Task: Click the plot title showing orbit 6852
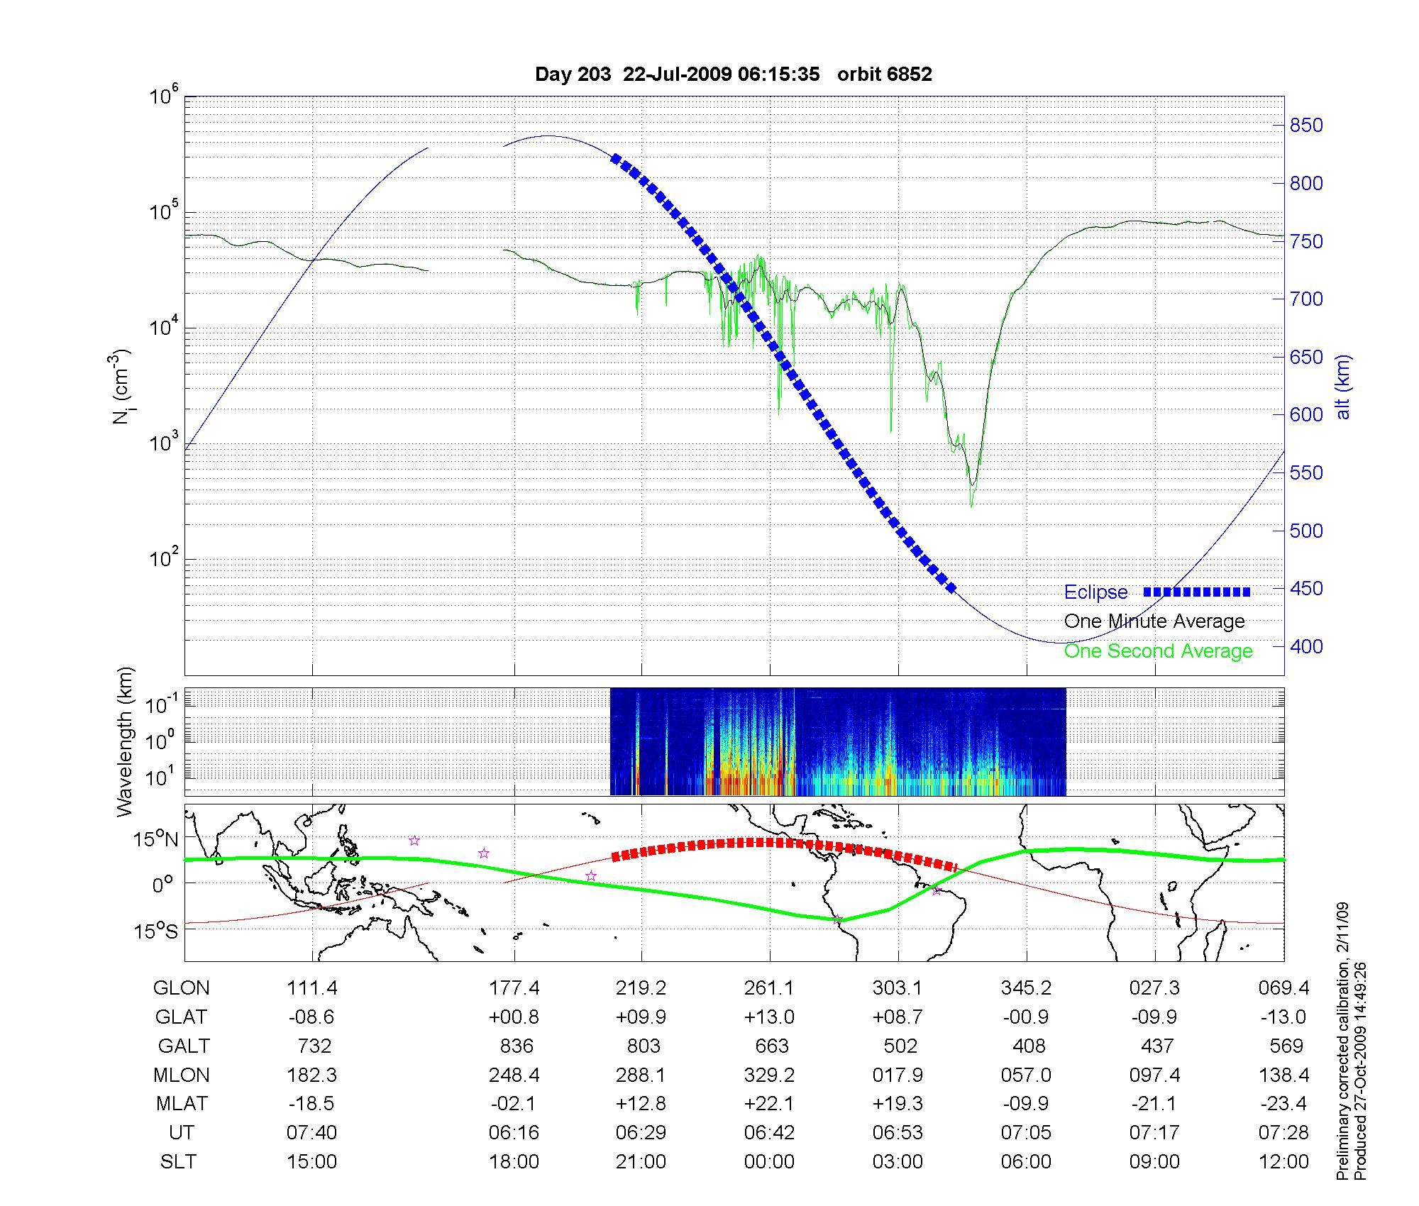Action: pyautogui.click(x=733, y=74)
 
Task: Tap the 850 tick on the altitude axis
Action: pyautogui.click(x=1305, y=126)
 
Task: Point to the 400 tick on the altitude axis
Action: pyautogui.click(x=1305, y=646)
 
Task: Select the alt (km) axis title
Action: pyautogui.click(x=1343, y=387)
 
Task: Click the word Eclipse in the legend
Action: pyautogui.click(x=1095, y=592)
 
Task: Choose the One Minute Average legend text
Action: pyautogui.click(x=1154, y=621)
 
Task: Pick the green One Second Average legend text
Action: pyautogui.click(x=1158, y=651)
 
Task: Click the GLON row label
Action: pyautogui.click(x=182, y=988)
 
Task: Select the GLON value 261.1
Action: pyautogui.click(x=769, y=988)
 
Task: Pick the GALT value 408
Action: pyautogui.click(x=1029, y=1046)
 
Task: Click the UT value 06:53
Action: pyautogui.click(x=898, y=1133)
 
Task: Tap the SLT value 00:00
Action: pyautogui.click(x=769, y=1162)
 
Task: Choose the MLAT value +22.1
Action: pyautogui.click(x=769, y=1104)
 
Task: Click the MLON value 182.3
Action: pyautogui.click(x=311, y=1075)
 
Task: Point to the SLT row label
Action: pyautogui.click(x=178, y=1162)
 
